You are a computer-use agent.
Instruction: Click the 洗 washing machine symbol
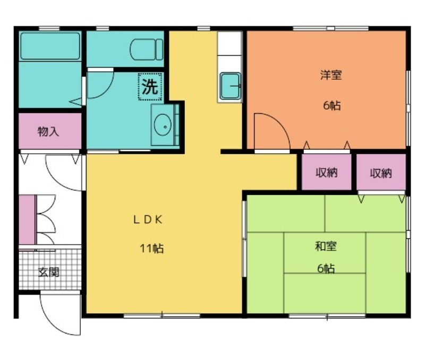point(150,87)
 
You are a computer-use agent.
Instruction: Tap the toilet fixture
point(147,49)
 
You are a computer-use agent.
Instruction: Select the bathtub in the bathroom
point(50,46)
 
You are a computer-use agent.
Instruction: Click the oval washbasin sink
point(163,125)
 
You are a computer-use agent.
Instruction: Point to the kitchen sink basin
point(230,86)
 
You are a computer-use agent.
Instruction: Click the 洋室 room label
point(331,75)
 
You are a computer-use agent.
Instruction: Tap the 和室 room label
point(326,246)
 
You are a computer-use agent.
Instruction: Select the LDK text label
point(148,220)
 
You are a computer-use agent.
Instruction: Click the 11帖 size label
point(151,248)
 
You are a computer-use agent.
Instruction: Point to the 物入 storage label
point(48,131)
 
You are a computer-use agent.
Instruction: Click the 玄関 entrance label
point(49,272)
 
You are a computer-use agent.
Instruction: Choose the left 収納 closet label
point(327,172)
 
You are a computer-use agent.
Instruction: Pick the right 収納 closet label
point(381,173)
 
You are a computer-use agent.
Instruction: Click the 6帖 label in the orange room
point(331,105)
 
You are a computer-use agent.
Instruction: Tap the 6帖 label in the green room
point(326,269)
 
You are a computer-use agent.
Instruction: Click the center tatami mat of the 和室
point(325,253)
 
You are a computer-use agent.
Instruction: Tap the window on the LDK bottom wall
point(162,315)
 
